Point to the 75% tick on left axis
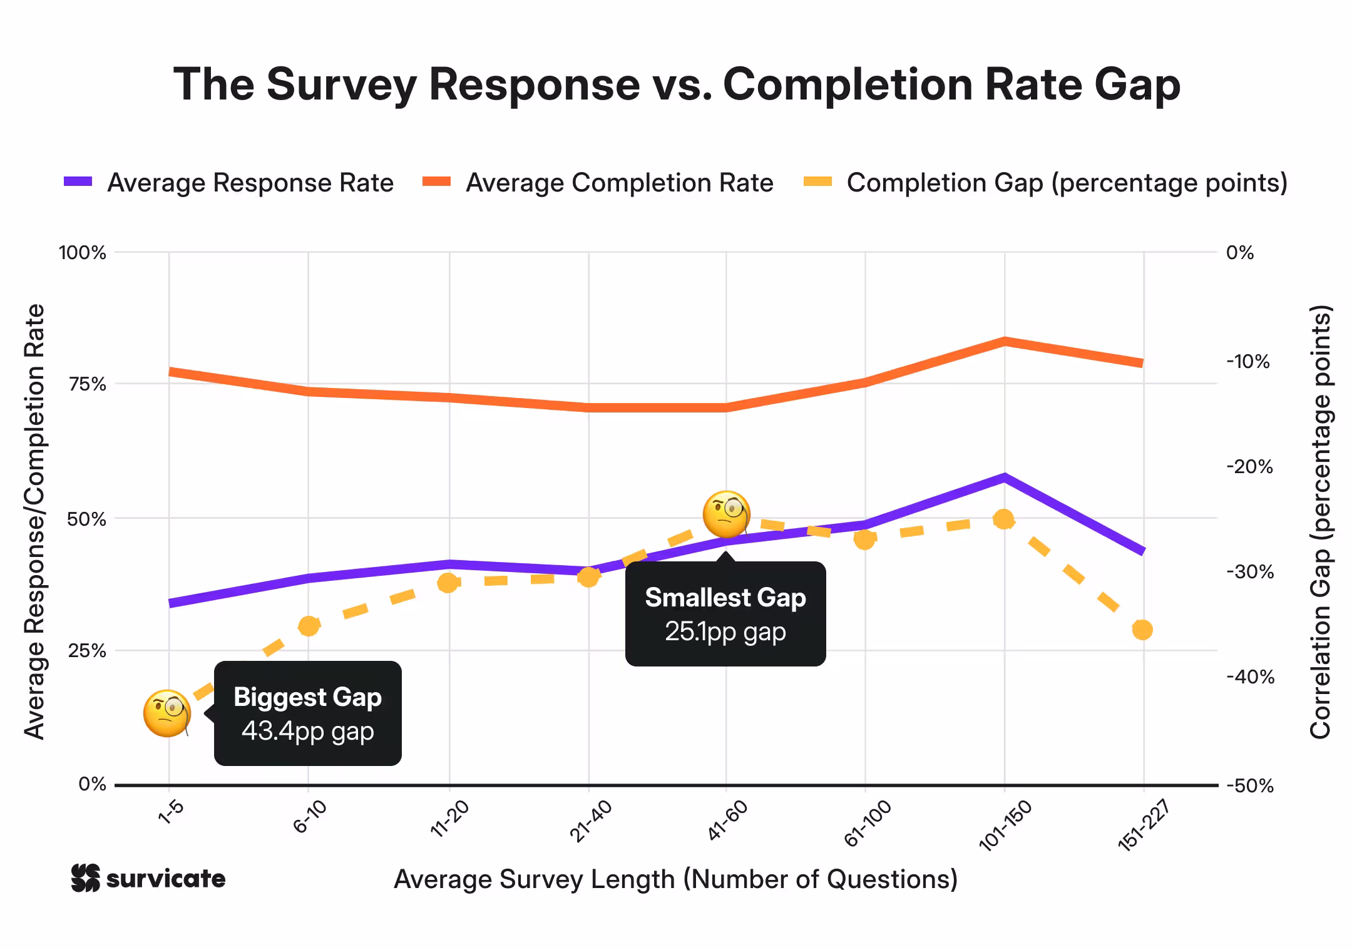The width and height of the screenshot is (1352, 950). click(87, 384)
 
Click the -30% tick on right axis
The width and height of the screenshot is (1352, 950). click(1249, 571)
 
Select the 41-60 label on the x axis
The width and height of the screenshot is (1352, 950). click(727, 820)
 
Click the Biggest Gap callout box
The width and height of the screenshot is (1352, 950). click(307, 713)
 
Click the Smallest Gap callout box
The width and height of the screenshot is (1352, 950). click(725, 614)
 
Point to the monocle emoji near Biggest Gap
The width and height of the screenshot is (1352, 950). click(166, 713)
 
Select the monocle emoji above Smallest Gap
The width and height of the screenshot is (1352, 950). click(726, 514)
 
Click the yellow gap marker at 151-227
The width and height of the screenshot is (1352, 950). click(1142, 630)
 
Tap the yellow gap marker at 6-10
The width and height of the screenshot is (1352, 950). click(309, 626)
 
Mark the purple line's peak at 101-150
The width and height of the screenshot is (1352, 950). click(1004, 478)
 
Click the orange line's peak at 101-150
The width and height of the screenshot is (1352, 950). click(1004, 341)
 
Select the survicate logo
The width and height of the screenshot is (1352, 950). click(148, 879)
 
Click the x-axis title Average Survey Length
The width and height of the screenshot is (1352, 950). click(675, 879)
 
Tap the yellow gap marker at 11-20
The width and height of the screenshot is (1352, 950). click(448, 583)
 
